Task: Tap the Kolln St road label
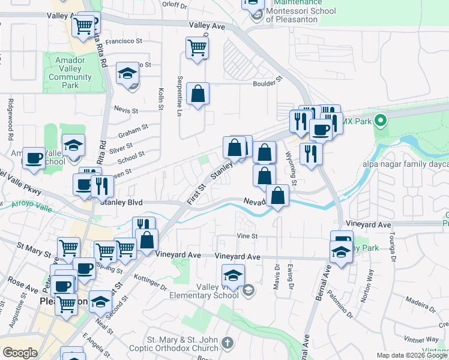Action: (x=161, y=99)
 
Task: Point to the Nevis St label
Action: (x=127, y=111)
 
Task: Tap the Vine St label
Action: (x=247, y=236)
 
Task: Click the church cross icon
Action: (x=227, y=343)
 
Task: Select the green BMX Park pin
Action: (x=379, y=121)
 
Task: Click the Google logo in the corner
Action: (x=20, y=352)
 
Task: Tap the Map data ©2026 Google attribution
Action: (x=411, y=355)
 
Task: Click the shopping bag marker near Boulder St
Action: (x=197, y=94)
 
